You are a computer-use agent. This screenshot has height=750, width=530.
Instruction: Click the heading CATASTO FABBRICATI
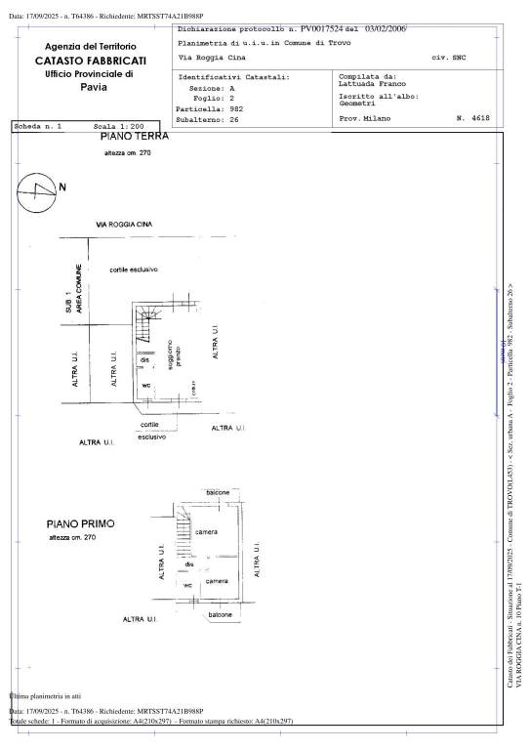click(x=91, y=61)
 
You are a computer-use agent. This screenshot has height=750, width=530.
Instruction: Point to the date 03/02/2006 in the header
click(x=385, y=30)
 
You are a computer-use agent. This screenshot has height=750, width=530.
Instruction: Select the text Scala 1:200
click(x=119, y=127)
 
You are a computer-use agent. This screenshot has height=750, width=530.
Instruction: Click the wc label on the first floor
click(x=188, y=584)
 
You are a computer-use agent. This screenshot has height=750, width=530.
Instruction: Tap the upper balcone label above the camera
click(x=216, y=493)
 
